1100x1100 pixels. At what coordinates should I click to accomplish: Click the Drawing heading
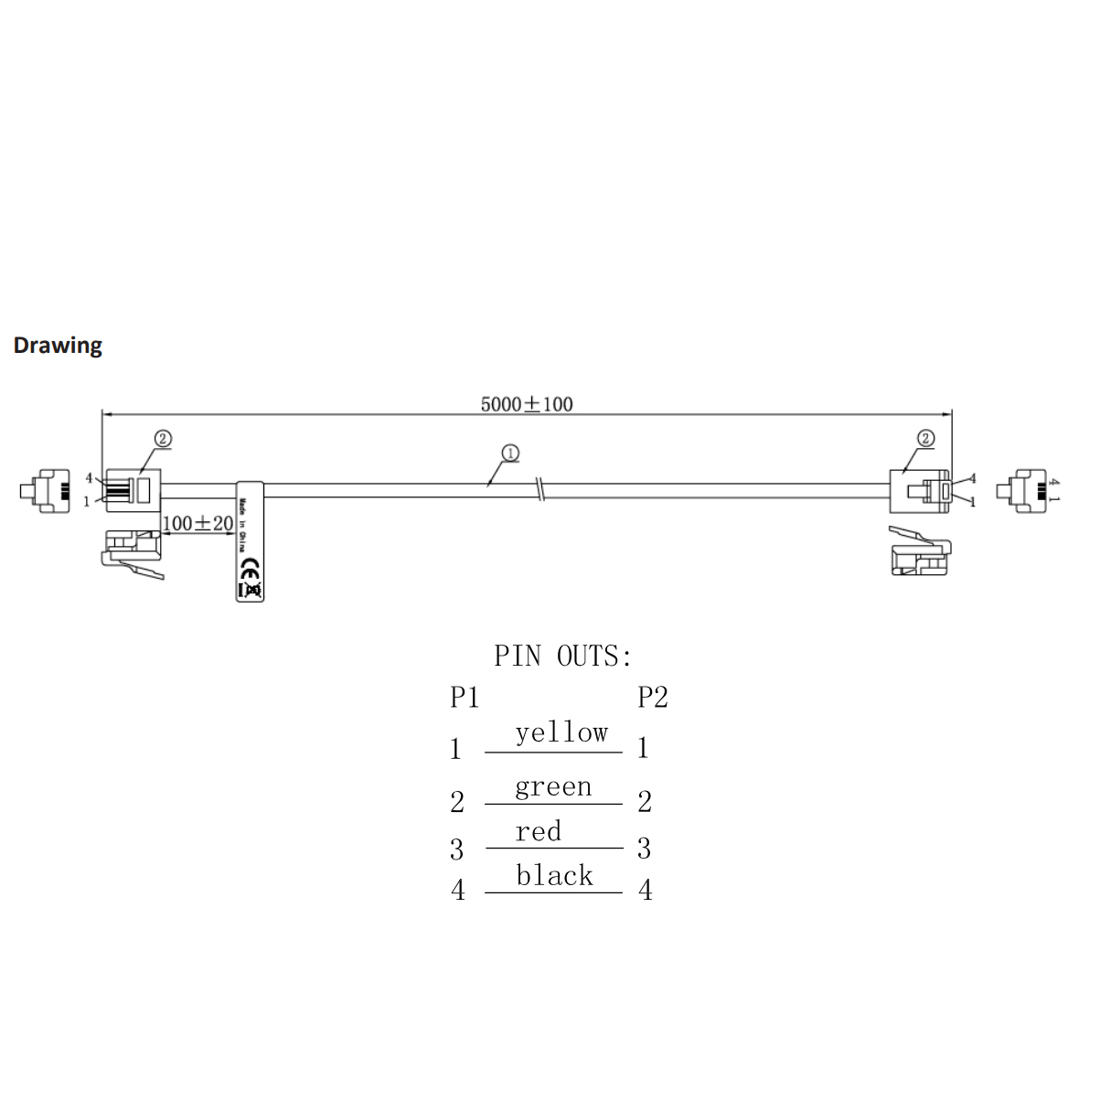[x=58, y=346]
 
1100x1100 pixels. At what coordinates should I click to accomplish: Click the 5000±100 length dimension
[x=527, y=404]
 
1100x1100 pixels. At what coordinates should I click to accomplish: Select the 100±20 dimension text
[x=198, y=524]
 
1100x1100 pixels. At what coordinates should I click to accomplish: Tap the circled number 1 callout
[x=510, y=453]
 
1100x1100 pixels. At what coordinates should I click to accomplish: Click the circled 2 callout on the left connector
[x=162, y=439]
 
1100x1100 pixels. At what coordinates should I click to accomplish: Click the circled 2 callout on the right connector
[x=925, y=438]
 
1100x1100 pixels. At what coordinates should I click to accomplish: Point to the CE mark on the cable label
[x=247, y=567]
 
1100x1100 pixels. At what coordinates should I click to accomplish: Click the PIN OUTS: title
[x=562, y=656]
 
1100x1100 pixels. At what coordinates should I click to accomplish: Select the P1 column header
[x=465, y=698]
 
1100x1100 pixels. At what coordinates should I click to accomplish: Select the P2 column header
[x=653, y=698]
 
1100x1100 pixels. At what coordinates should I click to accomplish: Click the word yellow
[x=561, y=733]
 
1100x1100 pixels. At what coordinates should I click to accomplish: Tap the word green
[x=553, y=787]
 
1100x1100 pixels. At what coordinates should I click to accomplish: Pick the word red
[x=538, y=832]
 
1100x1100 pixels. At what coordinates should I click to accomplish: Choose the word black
[x=554, y=876]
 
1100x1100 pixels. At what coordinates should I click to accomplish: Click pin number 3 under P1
[x=457, y=849]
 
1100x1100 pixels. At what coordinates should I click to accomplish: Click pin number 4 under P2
[x=646, y=890]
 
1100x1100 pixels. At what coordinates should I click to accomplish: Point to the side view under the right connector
[x=921, y=553]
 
